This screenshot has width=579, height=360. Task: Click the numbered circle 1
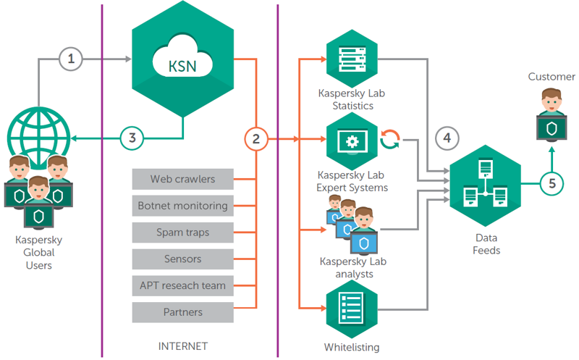pyautogui.click(x=70, y=59)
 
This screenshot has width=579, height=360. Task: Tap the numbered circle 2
pyautogui.click(x=255, y=138)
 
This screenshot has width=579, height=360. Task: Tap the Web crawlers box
pyautogui.click(x=182, y=178)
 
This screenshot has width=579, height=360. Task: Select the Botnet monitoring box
pyautogui.click(x=182, y=205)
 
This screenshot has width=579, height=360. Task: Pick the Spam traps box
pyautogui.click(x=182, y=232)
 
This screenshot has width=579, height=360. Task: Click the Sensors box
pyautogui.click(x=182, y=259)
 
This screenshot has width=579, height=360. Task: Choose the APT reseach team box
pyautogui.click(x=182, y=285)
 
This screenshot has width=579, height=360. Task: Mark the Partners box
pyautogui.click(x=182, y=312)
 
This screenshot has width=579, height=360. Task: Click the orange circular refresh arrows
pyautogui.click(x=391, y=138)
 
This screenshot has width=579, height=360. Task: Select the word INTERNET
pyautogui.click(x=182, y=346)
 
